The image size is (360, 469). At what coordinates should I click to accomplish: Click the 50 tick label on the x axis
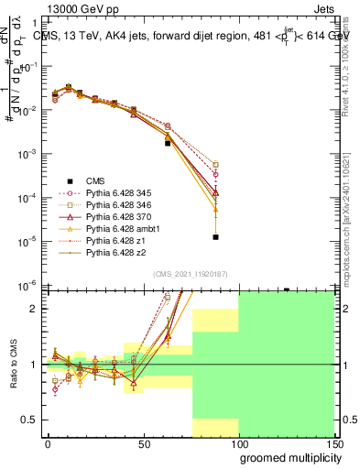click(x=144, y=443)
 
